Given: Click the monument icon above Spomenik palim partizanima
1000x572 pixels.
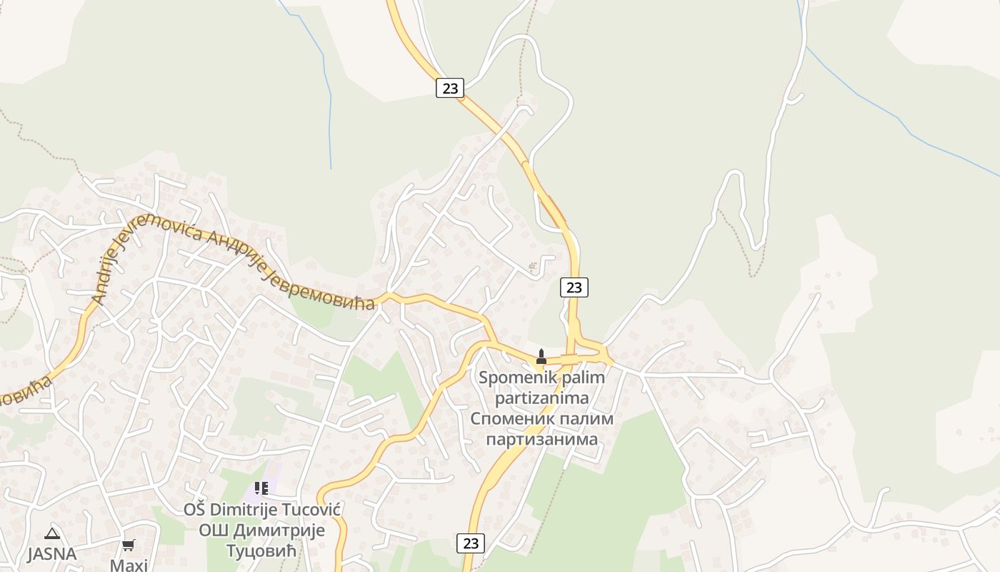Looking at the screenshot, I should [541, 356].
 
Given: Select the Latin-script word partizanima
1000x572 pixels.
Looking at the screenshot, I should [541, 398].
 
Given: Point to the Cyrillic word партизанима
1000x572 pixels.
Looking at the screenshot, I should [541, 438].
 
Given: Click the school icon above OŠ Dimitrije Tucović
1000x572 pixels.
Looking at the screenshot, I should [261, 488].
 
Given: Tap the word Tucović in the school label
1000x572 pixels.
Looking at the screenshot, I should [314, 510].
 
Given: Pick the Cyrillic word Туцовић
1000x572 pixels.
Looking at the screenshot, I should [261, 551].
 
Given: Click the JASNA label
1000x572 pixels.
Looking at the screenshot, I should [51, 554].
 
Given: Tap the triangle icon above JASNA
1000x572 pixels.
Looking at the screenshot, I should [51, 533].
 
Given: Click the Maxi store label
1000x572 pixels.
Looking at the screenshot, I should [129, 565].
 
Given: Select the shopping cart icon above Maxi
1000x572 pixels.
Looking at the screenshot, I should [129, 545].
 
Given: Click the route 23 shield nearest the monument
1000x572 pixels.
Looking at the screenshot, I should [574, 287].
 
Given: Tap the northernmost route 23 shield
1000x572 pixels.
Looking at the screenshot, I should [450, 88].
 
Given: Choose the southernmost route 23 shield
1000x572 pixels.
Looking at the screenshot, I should [471, 543].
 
